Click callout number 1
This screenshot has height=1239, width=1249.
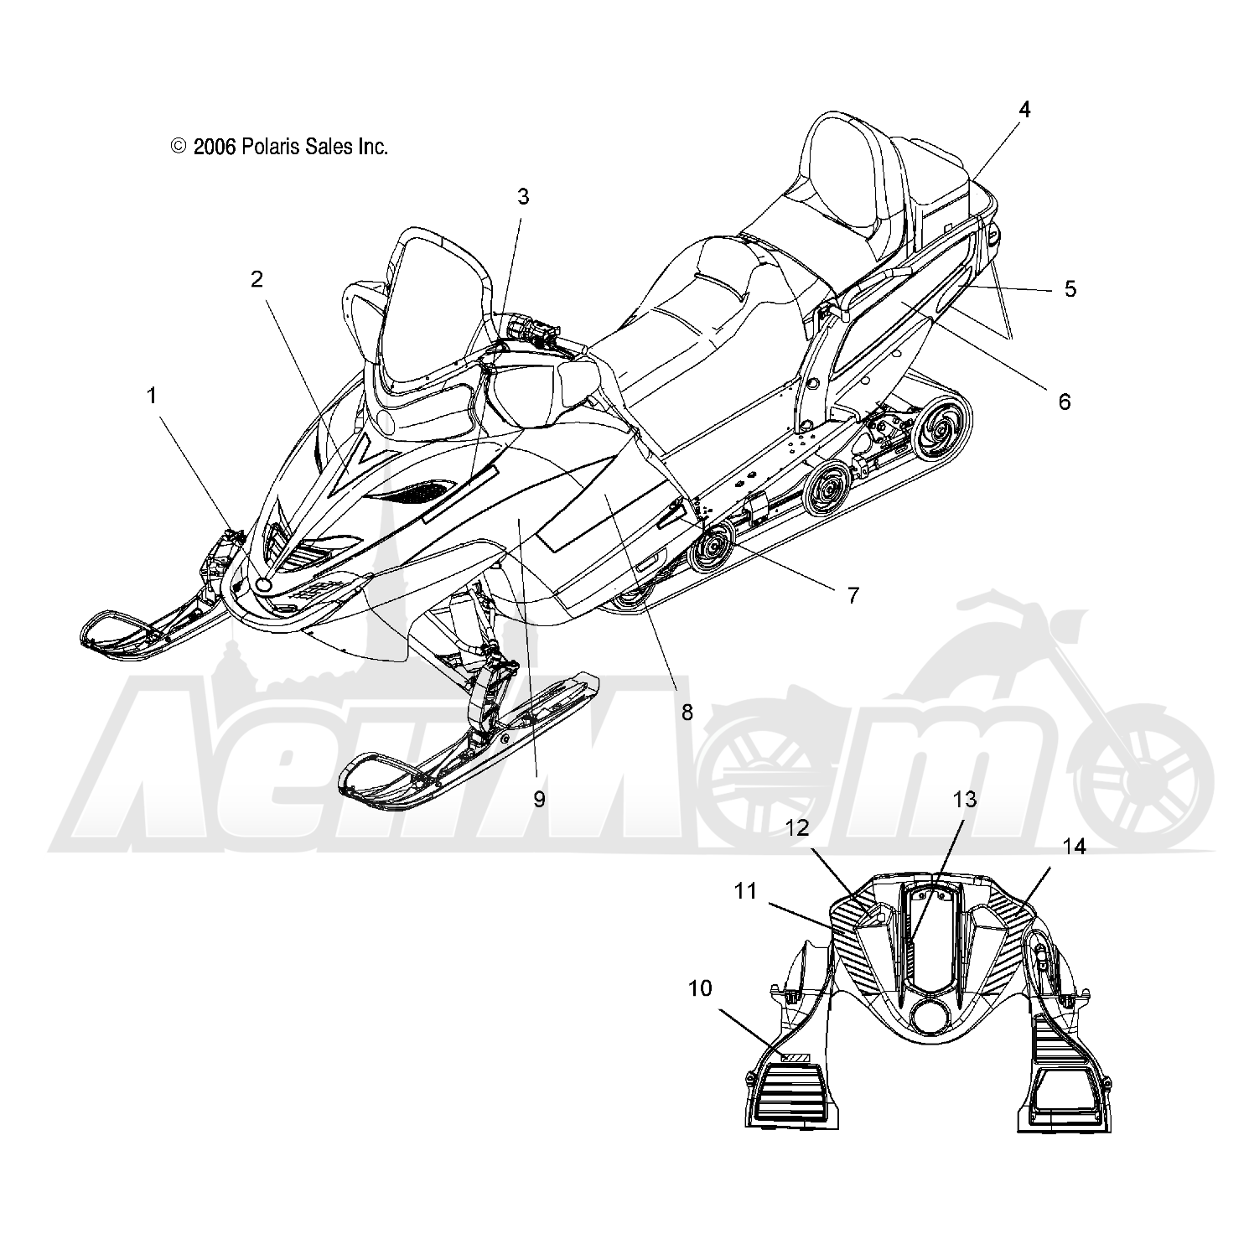tap(152, 396)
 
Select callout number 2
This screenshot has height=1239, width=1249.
tap(257, 279)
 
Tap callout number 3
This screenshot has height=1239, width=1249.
tap(523, 197)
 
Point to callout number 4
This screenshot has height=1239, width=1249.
tap(1024, 109)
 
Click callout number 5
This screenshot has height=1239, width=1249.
tap(1070, 288)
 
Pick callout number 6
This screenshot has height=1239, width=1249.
tap(1064, 402)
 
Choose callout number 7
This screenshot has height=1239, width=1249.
tap(853, 595)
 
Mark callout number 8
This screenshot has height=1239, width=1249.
tap(687, 713)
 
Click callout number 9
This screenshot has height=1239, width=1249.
tap(539, 799)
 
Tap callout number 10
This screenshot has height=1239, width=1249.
tap(700, 988)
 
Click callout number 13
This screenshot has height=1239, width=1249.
tap(965, 800)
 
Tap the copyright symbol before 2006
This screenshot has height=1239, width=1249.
tap(179, 147)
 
